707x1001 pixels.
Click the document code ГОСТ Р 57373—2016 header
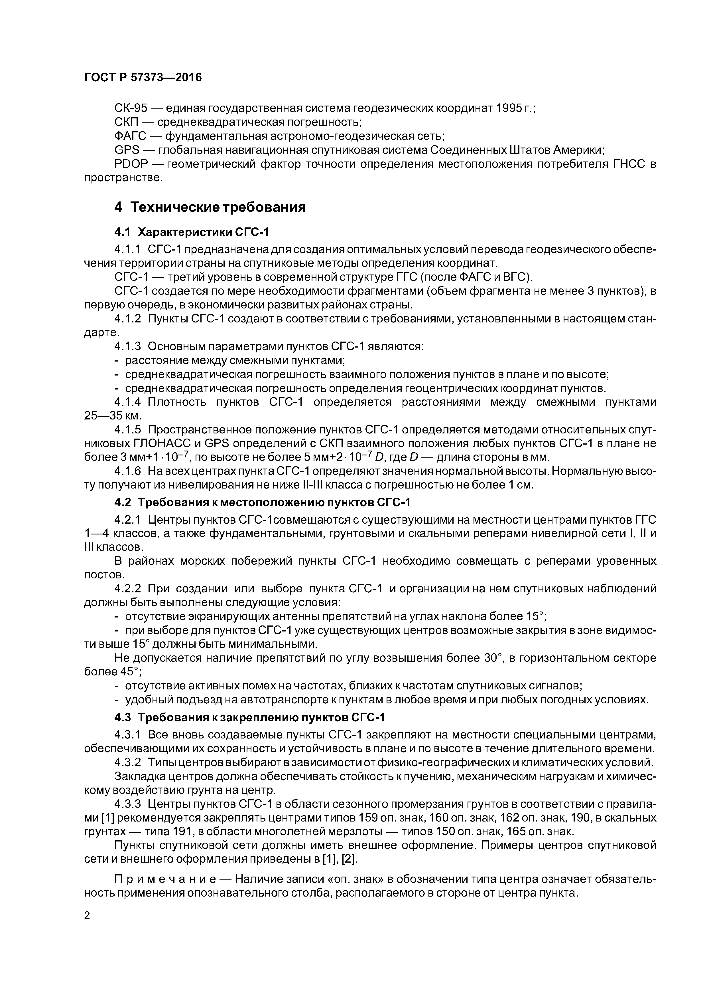[143, 78]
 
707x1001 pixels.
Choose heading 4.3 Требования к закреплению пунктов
[250, 717]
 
